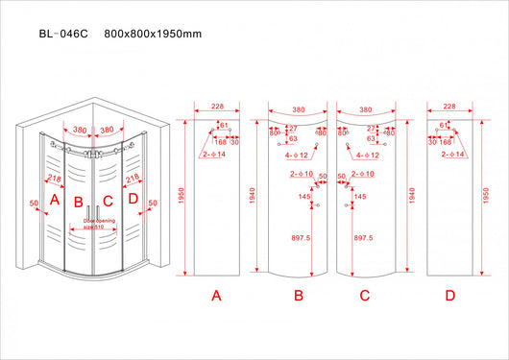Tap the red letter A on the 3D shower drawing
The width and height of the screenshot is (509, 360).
point(55,200)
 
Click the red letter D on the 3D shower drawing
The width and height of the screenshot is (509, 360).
point(133,200)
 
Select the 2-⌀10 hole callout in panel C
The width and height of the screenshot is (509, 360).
point(363,174)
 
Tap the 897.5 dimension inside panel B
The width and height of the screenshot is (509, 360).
point(299,237)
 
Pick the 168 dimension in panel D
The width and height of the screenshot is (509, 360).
point(445,141)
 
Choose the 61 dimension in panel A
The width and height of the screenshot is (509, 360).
point(224,125)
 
